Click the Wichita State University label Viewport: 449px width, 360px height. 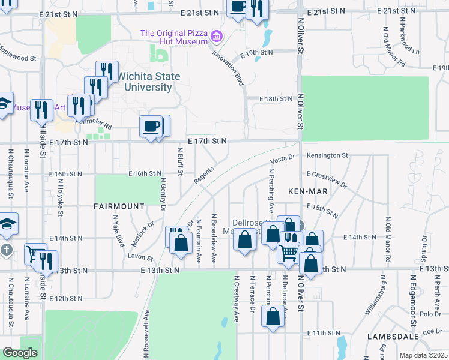click(148, 82)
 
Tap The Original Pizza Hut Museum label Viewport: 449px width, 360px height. click(174, 37)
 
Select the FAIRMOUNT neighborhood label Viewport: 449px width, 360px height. click(119, 206)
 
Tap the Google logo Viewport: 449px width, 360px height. click(20, 353)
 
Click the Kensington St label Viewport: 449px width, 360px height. click(327, 155)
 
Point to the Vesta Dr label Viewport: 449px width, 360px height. click(283, 159)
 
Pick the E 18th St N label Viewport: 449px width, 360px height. click(276, 99)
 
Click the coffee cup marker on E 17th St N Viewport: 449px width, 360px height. click(150, 126)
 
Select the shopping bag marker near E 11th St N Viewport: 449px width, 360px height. click(273, 317)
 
